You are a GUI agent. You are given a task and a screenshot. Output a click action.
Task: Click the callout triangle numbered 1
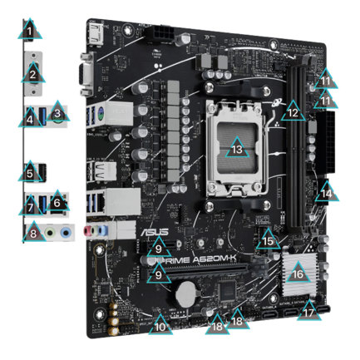pos(31,32)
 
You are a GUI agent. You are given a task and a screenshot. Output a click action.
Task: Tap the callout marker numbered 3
pos(57,111)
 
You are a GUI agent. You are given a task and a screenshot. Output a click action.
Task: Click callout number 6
pos(57,200)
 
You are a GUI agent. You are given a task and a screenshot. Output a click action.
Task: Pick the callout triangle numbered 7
pos(31,204)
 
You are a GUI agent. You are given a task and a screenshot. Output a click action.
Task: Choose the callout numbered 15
pos(267,240)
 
